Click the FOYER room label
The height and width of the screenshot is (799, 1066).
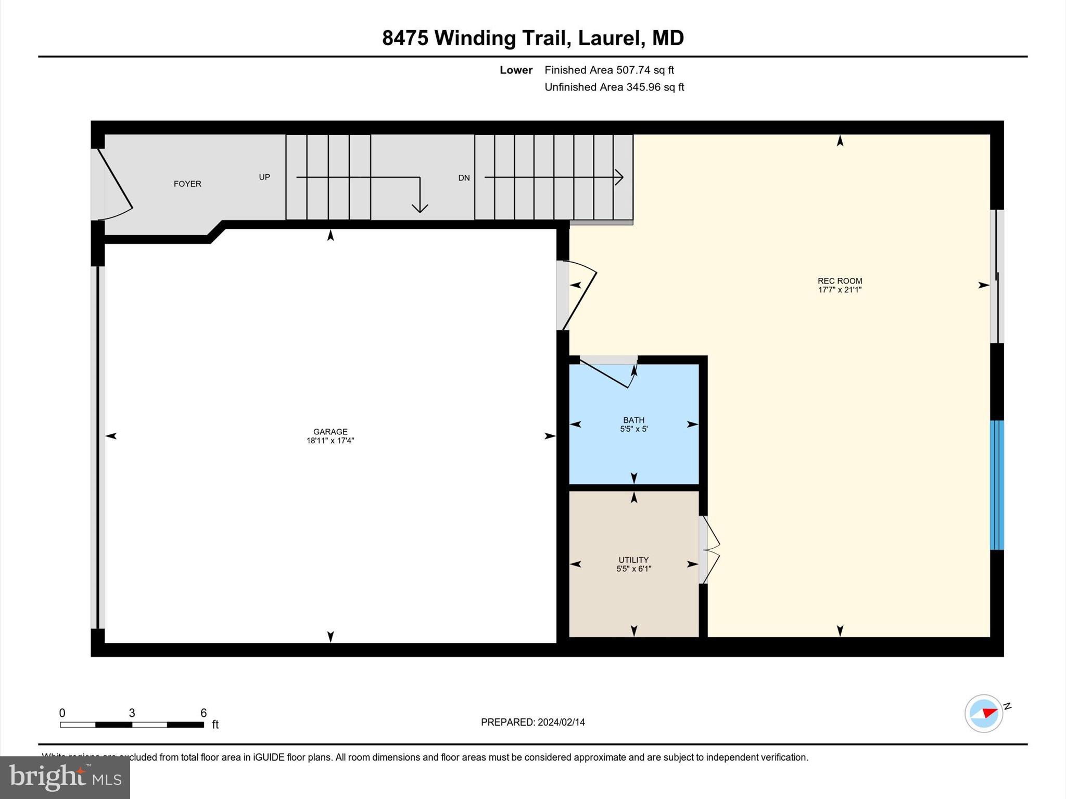click(x=187, y=184)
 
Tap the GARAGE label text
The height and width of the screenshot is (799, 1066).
click(x=330, y=431)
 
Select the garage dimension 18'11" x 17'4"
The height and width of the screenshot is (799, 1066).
click(x=330, y=441)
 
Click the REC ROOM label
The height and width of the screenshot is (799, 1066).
click(x=840, y=281)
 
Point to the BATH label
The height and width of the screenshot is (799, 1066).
click(x=633, y=420)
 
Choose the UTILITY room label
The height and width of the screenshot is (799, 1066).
click(x=633, y=560)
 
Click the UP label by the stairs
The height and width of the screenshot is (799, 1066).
click(x=264, y=177)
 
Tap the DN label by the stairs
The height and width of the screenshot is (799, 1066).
click(x=464, y=178)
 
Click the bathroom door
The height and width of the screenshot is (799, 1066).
click(x=606, y=372)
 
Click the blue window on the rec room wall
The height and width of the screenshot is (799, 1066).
click(x=996, y=485)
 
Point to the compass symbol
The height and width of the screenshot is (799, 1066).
click(x=984, y=713)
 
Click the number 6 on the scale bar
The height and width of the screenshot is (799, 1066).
click(x=204, y=713)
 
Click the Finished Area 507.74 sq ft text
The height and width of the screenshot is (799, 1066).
click(x=609, y=70)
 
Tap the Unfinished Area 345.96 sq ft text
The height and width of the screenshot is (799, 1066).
click(x=614, y=87)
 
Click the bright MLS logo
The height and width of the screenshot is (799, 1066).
click(x=65, y=777)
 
